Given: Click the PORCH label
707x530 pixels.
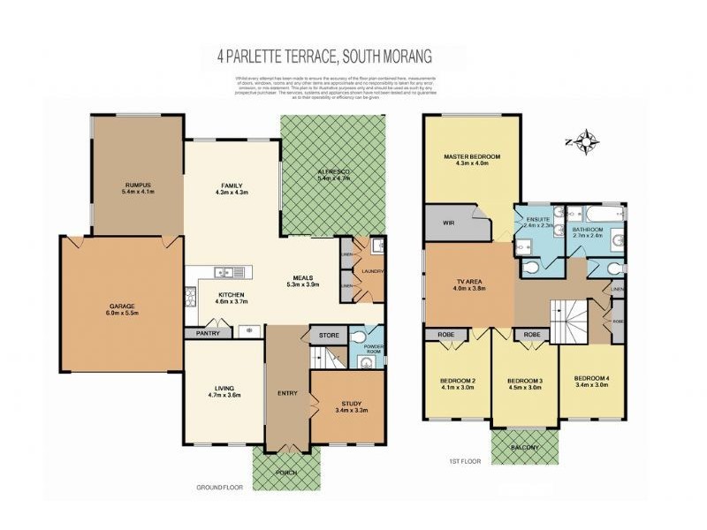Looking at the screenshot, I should pyautogui.click(x=286, y=473).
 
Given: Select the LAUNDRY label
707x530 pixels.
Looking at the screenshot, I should pyautogui.click(x=373, y=272).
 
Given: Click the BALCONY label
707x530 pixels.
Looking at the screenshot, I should pyautogui.click(x=526, y=448).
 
